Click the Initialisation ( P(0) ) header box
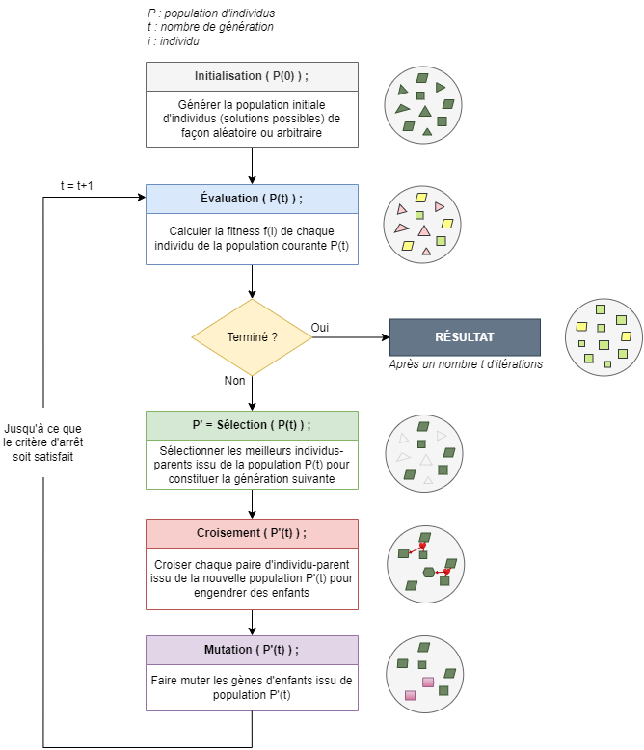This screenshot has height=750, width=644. tap(252, 75)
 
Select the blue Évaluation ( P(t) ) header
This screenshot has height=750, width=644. tap(252, 198)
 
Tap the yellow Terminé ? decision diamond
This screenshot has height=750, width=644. tap(252, 337)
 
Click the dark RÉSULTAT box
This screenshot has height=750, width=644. tap(465, 337)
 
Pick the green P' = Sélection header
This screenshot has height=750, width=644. tap(252, 425)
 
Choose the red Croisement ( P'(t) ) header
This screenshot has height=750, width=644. tap(252, 533)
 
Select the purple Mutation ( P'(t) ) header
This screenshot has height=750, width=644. tap(252, 649)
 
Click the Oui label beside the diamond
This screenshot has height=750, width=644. tap(320, 328)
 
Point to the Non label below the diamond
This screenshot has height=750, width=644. tap(235, 381)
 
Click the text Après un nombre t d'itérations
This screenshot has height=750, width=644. tap(466, 364)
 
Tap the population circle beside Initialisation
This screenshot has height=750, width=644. tap(424, 106)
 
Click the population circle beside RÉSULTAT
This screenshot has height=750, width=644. tap(604, 337)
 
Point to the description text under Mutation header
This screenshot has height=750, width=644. tap(252, 687)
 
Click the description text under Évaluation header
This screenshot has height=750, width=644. tap(252, 239)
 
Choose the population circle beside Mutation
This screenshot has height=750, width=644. tap(424, 672)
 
